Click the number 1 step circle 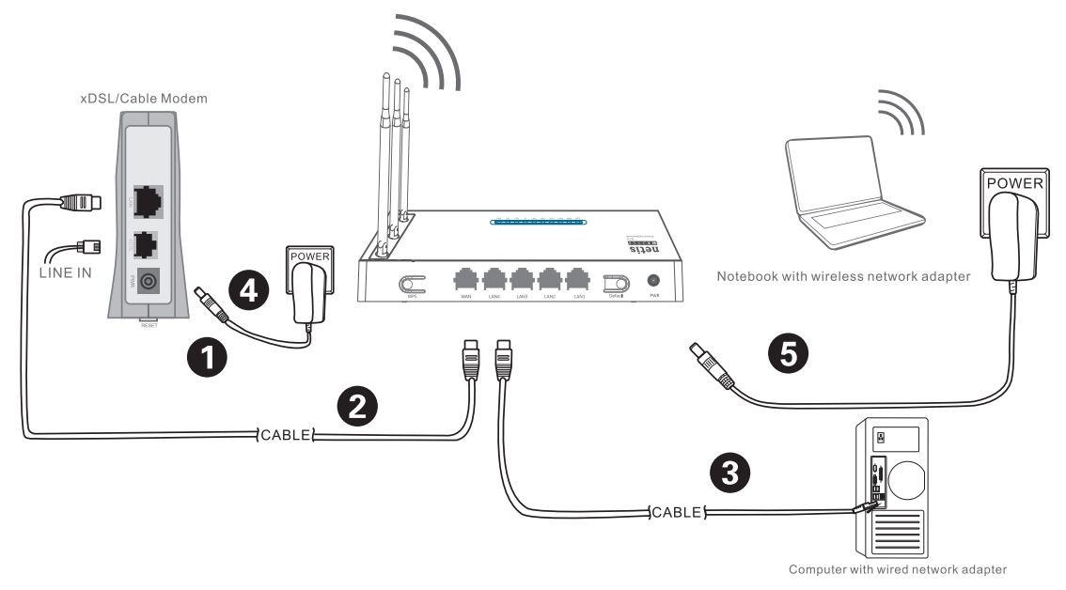[207, 359]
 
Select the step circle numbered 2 [358, 408]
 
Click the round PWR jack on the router [651, 281]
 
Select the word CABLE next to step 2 [285, 434]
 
